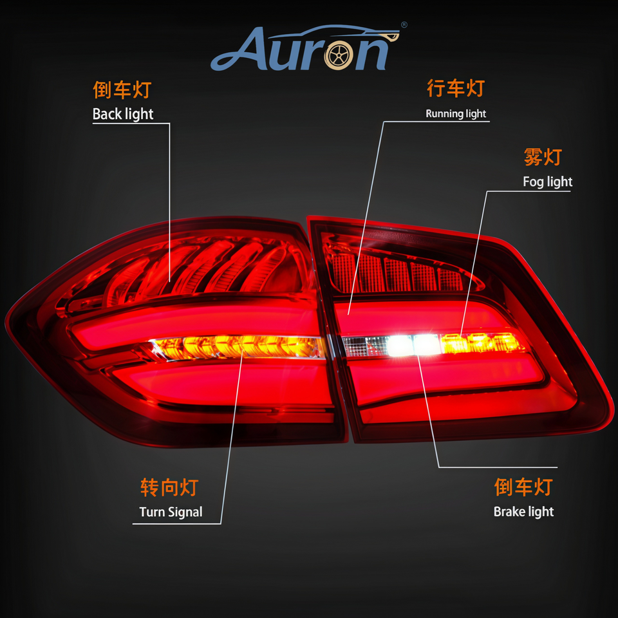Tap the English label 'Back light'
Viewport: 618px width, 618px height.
point(123,115)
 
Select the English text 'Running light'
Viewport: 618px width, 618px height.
point(456,114)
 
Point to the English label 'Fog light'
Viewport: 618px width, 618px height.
point(547,182)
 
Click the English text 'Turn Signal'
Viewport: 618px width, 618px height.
point(171,512)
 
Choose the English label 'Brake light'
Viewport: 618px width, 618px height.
point(523,512)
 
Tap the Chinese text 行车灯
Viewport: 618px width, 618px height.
point(455,89)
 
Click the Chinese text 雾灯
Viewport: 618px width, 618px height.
point(543,157)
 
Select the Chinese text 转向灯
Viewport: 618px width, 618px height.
point(169,487)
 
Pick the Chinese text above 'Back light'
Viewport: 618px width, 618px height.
point(122,90)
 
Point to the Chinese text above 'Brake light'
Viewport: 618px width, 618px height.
point(523,487)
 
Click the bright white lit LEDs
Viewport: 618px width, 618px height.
point(412,345)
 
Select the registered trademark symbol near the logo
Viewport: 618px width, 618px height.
point(404,25)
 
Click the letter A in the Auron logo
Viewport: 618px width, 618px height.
point(236,50)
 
